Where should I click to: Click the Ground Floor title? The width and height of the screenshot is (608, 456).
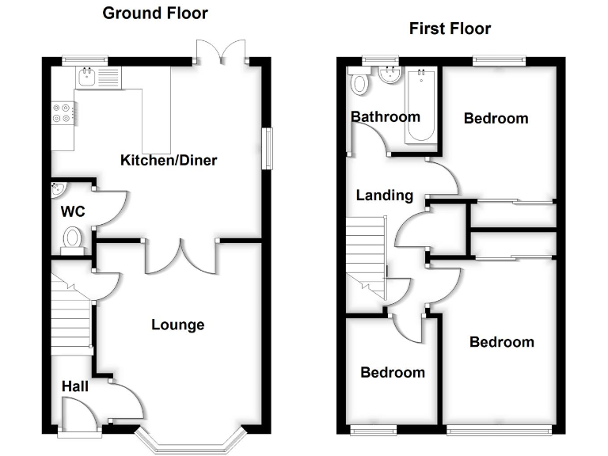[x=155, y=13]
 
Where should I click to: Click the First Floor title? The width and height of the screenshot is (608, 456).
[x=450, y=29]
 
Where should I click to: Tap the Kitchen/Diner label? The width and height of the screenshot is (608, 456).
[x=168, y=161]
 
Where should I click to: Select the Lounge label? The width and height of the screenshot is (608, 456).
[x=177, y=325]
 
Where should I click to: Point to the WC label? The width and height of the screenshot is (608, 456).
[x=73, y=212]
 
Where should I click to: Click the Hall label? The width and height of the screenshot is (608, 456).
[x=74, y=386]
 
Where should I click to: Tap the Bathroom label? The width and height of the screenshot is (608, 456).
[x=386, y=117]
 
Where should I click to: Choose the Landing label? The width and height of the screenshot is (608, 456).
[x=384, y=196]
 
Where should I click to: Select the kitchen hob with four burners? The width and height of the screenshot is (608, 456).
[x=63, y=112]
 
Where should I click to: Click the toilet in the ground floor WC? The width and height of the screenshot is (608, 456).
[x=74, y=237]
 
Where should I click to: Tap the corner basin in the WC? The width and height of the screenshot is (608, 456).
[x=58, y=190]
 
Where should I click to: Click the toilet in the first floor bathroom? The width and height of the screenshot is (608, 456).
[x=359, y=82]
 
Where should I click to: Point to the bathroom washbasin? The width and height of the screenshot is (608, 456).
[x=389, y=76]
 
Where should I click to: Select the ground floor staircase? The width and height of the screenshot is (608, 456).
[x=72, y=317]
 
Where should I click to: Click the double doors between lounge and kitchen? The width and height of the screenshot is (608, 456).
[x=180, y=255]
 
